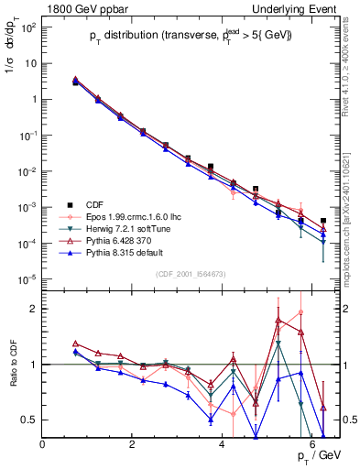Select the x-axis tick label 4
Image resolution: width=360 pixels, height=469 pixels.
coord(223,445)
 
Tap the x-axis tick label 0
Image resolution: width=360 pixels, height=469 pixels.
coord(43,445)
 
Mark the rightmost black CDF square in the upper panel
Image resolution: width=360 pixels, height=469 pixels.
coord(323,222)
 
